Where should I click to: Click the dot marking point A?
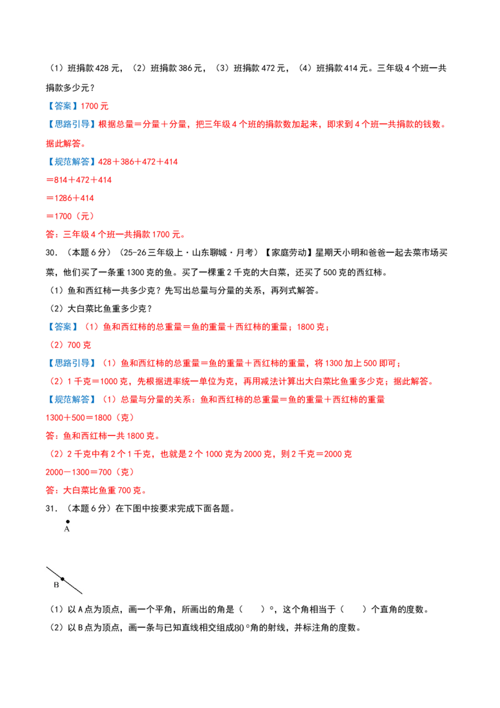click(x=67, y=522)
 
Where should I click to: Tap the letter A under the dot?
click(x=67, y=529)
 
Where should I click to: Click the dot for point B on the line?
click(x=62, y=579)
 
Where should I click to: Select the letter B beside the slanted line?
click(x=56, y=585)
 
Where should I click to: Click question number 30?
click(x=51, y=253)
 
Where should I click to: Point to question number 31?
click(x=51, y=508)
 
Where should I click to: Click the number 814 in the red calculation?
click(x=61, y=180)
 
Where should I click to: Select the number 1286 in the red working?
click(x=63, y=198)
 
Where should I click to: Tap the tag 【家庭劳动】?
click(x=288, y=253)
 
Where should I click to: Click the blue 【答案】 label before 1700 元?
click(x=62, y=106)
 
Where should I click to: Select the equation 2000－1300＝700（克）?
click(x=89, y=472)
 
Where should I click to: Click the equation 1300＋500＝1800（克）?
click(x=89, y=418)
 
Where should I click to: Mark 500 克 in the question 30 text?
click(x=335, y=272)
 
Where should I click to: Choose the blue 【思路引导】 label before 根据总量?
click(x=71, y=124)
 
